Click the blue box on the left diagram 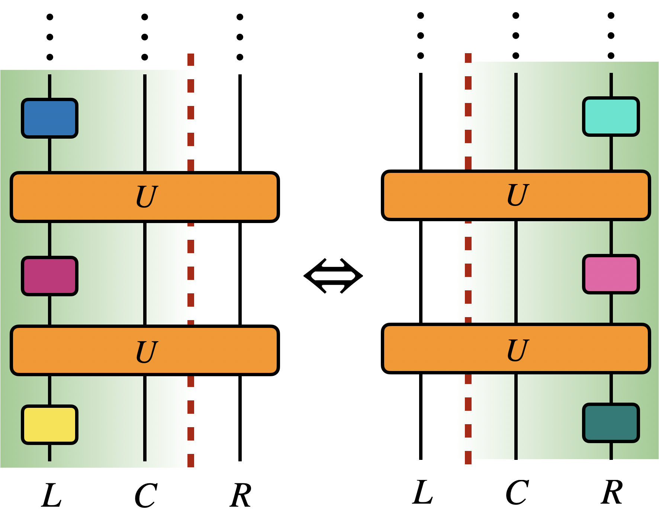(x=49, y=118)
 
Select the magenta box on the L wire (x=49, y=276)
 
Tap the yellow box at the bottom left (x=49, y=425)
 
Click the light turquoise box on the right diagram (x=611, y=117)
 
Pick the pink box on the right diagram (x=611, y=274)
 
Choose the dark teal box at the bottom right (x=611, y=423)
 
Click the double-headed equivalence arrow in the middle (x=333, y=276)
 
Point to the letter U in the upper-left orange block (x=147, y=197)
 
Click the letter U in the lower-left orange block (x=147, y=351)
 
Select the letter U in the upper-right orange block (x=517, y=195)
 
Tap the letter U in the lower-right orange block (x=517, y=350)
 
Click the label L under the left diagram (x=51, y=496)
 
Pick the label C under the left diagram (x=145, y=496)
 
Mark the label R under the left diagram (x=240, y=496)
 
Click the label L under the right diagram (x=422, y=492)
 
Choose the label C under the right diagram (x=517, y=492)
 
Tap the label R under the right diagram (x=611, y=492)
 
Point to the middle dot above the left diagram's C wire (x=145, y=37)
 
